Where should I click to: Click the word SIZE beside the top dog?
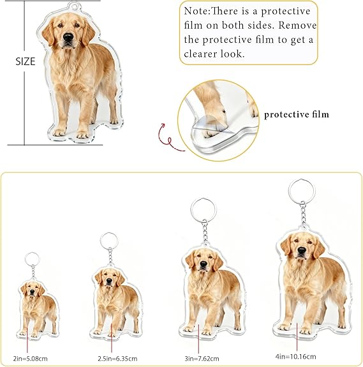tap(26, 62)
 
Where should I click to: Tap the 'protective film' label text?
tap(297, 114)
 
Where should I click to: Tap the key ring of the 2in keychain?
tap(31, 258)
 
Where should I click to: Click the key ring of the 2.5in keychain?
tap(108, 241)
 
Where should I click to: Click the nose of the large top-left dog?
tap(67, 37)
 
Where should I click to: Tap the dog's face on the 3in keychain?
tap(200, 262)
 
